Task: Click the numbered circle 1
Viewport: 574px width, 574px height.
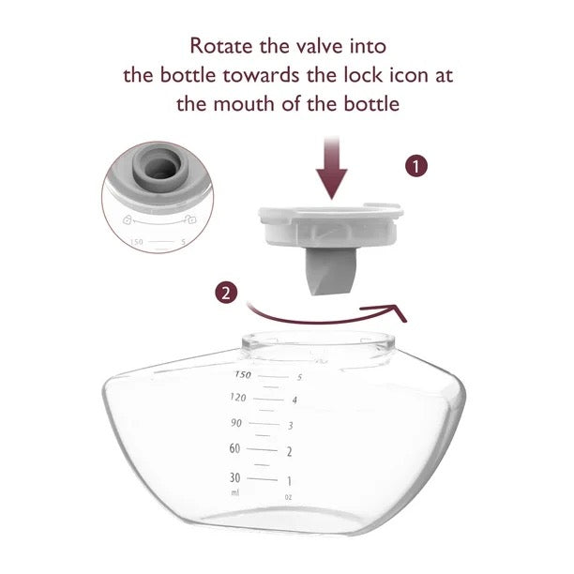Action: [x=417, y=167]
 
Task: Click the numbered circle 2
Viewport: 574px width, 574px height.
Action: [x=225, y=293]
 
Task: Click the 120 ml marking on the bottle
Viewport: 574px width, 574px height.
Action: [x=237, y=398]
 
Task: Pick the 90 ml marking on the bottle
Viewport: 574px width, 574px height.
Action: [x=236, y=423]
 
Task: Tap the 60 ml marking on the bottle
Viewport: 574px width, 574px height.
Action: [x=235, y=448]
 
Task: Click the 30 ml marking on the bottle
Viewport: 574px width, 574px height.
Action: [x=235, y=476]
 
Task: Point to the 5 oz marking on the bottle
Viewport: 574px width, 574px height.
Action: [x=299, y=377]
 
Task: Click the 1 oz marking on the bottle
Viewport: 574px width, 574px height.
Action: [x=288, y=480]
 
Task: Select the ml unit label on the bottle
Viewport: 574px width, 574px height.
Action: [x=234, y=492]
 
